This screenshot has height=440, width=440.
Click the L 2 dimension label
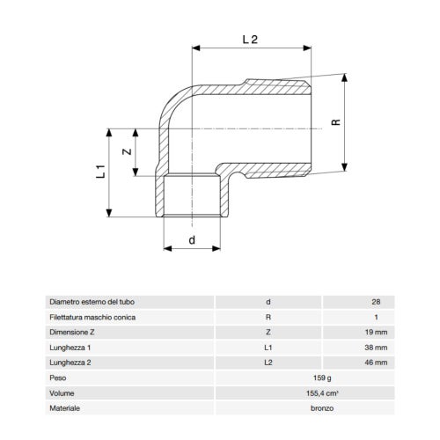pyautogui.click(x=250, y=40)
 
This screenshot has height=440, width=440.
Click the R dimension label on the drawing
pyautogui.click(x=336, y=122)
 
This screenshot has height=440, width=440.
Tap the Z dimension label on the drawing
pyautogui.click(x=127, y=151)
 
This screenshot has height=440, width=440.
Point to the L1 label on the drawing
pyautogui.click(x=100, y=172)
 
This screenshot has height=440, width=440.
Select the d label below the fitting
pyautogui.click(x=192, y=240)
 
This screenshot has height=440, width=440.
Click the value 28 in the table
pyautogui.click(x=376, y=302)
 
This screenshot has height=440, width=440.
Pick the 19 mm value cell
pyautogui.click(x=376, y=333)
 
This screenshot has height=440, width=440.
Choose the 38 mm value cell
pyautogui.click(x=376, y=348)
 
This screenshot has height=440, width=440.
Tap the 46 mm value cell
pyautogui.click(x=376, y=363)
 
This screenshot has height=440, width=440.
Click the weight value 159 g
pyautogui.click(x=322, y=378)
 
